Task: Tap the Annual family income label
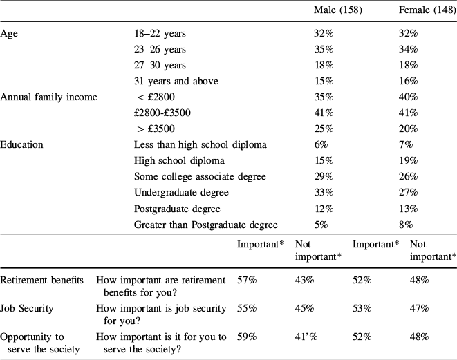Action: click(48, 97)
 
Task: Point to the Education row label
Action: click(22, 145)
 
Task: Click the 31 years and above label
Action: click(176, 82)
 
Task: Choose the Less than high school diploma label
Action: click(200, 145)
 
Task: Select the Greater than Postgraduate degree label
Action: click(205, 225)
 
